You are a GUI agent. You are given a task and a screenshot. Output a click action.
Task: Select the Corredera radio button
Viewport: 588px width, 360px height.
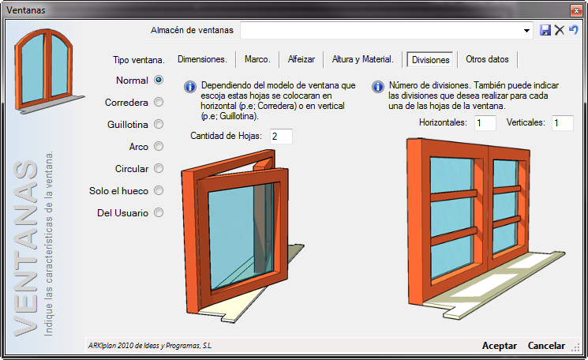[159, 102]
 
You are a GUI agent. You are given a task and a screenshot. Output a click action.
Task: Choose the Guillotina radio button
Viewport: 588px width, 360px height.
[159, 124]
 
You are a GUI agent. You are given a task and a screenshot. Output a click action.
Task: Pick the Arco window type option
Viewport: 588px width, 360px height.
[159, 146]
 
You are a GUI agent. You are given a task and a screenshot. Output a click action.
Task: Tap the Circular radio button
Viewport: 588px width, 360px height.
[159, 168]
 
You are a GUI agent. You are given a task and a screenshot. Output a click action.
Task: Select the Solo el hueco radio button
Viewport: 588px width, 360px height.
[159, 190]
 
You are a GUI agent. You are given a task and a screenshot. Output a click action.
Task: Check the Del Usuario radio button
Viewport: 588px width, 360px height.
[159, 212]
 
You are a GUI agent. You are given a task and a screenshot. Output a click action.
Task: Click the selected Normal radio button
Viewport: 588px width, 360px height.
[159, 80]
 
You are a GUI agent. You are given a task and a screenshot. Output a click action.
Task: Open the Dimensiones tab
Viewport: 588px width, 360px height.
[202, 59]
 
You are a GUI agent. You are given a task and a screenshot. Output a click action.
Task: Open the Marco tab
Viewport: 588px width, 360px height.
[257, 59]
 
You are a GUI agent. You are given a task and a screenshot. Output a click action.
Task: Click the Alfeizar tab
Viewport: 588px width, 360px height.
[301, 59]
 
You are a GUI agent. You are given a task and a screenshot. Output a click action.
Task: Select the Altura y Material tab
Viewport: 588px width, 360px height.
[362, 59]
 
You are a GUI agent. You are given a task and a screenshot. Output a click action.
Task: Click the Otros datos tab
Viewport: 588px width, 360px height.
[487, 59]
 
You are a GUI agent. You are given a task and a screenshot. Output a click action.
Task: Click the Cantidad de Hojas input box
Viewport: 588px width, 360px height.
[281, 137]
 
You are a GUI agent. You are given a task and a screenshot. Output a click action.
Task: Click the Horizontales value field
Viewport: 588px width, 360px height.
[485, 123]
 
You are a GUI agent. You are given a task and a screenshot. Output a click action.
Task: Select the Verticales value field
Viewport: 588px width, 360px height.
[563, 123]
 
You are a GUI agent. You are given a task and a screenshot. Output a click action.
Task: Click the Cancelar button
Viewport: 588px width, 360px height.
[546, 346]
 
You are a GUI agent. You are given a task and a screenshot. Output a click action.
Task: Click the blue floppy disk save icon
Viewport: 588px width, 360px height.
[545, 30]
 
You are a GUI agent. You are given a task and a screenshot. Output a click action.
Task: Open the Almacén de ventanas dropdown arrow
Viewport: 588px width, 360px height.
[527, 30]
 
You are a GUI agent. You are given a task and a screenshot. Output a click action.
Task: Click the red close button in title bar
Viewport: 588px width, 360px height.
[576, 10]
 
